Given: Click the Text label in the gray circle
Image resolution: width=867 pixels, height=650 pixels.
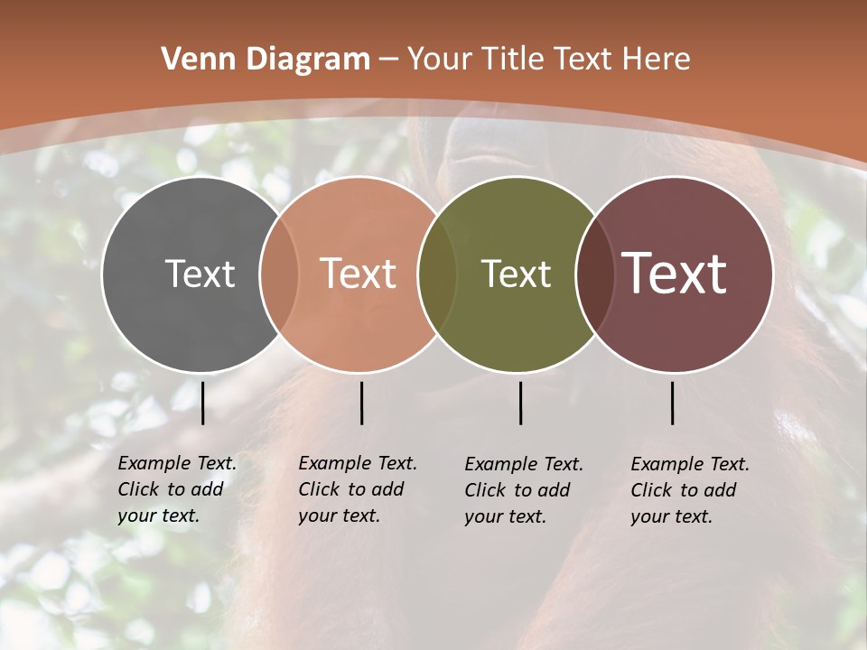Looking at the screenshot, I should click(200, 274).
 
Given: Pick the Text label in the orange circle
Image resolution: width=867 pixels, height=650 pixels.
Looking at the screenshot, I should click(359, 274).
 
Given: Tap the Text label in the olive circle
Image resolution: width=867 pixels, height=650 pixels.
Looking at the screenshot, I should click(517, 274).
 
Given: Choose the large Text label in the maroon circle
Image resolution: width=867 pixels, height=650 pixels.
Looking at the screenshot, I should click(675, 274).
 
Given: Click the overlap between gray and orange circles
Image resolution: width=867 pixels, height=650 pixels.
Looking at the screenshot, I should click(279, 274).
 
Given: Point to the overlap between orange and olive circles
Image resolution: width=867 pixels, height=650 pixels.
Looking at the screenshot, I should click(437, 274).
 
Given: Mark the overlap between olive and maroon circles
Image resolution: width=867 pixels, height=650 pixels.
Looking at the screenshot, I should click(595, 274).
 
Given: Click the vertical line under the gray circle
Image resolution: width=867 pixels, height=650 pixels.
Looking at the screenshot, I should click(203, 403).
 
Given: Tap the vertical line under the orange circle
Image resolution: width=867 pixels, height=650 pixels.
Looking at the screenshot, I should click(361, 403).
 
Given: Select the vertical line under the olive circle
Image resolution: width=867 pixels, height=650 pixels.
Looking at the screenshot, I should click(521, 403).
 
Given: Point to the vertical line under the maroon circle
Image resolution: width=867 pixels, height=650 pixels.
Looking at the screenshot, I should click(673, 403).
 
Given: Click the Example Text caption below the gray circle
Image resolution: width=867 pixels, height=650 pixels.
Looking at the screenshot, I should click(177, 489).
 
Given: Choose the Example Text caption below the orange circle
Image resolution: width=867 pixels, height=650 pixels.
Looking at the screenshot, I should click(358, 489).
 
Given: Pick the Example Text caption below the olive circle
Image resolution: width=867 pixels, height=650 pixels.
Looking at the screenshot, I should click(524, 490).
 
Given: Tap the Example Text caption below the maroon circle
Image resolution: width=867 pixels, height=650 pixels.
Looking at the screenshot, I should click(690, 490).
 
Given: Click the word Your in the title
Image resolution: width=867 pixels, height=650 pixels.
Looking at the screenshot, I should click(440, 60).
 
